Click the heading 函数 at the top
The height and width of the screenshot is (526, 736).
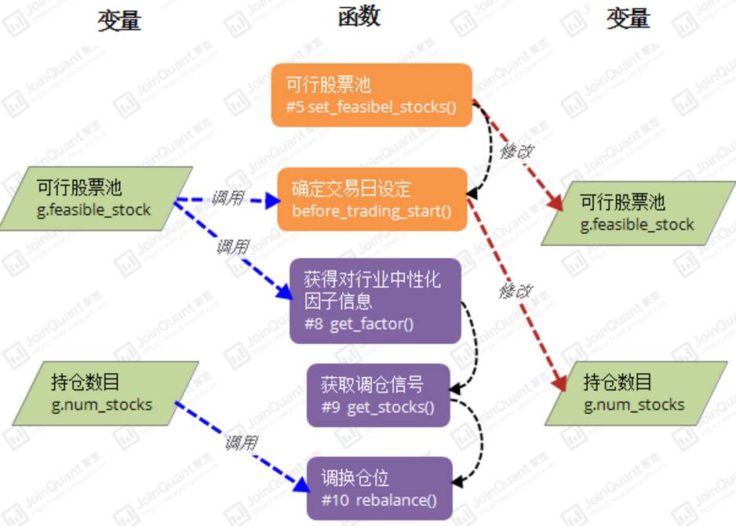[359, 17]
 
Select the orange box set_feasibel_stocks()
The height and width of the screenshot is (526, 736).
[371, 95]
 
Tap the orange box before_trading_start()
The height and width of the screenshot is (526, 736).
[372, 199]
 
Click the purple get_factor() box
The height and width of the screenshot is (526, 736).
[371, 301]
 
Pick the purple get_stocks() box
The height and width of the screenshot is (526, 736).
[378, 395]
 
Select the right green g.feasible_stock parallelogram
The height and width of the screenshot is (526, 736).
[637, 213]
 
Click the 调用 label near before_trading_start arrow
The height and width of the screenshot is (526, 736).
[228, 198]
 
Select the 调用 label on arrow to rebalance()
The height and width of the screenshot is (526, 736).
[241, 443]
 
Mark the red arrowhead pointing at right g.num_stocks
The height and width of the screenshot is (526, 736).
[559, 383]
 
